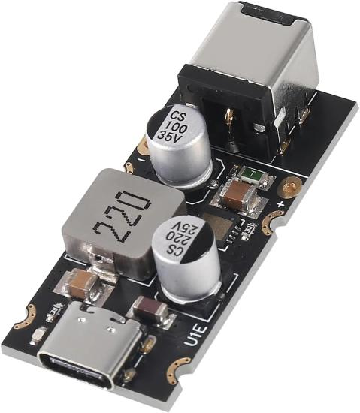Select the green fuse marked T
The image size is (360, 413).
coord(247,177)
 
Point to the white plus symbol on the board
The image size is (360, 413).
coord(282,203)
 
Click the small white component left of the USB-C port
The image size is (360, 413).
coord(54,311)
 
